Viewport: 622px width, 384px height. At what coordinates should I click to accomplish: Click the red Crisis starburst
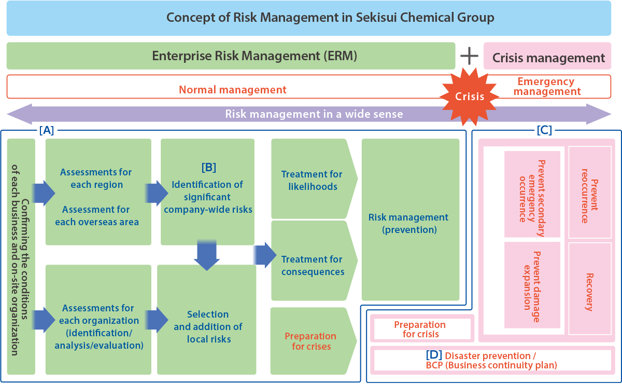(470, 96)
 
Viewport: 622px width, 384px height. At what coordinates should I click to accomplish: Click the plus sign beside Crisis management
(469, 56)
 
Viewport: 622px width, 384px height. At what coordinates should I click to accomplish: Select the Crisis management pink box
(548, 58)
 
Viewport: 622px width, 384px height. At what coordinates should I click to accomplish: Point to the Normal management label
(232, 90)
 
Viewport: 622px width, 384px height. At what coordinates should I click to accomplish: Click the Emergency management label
(547, 87)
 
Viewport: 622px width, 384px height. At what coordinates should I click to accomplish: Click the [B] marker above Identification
(208, 168)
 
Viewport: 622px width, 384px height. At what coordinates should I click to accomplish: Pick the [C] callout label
(544, 130)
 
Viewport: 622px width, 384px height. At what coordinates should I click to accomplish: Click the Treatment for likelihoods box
(312, 180)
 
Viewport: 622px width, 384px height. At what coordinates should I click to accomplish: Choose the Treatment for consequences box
(312, 265)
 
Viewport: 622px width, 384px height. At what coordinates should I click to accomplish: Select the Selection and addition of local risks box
(207, 327)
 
